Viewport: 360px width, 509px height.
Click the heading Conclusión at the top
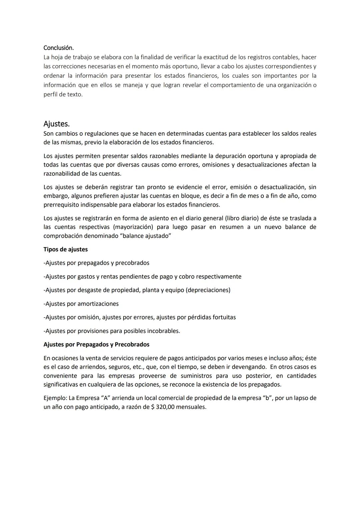(x=58, y=48)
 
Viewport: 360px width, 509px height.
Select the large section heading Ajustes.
(x=56, y=124)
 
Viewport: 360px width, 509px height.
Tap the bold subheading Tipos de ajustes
(x=65, y=249)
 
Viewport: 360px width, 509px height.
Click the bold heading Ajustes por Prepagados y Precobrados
(x=96, y=344)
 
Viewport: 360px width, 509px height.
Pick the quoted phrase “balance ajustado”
(x=145, y=236)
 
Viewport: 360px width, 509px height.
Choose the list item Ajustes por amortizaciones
(x=81, y=304)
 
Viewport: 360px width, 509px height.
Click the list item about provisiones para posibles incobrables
(x=112, y=331)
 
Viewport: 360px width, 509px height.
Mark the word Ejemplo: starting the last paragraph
(x=55, y=398)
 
